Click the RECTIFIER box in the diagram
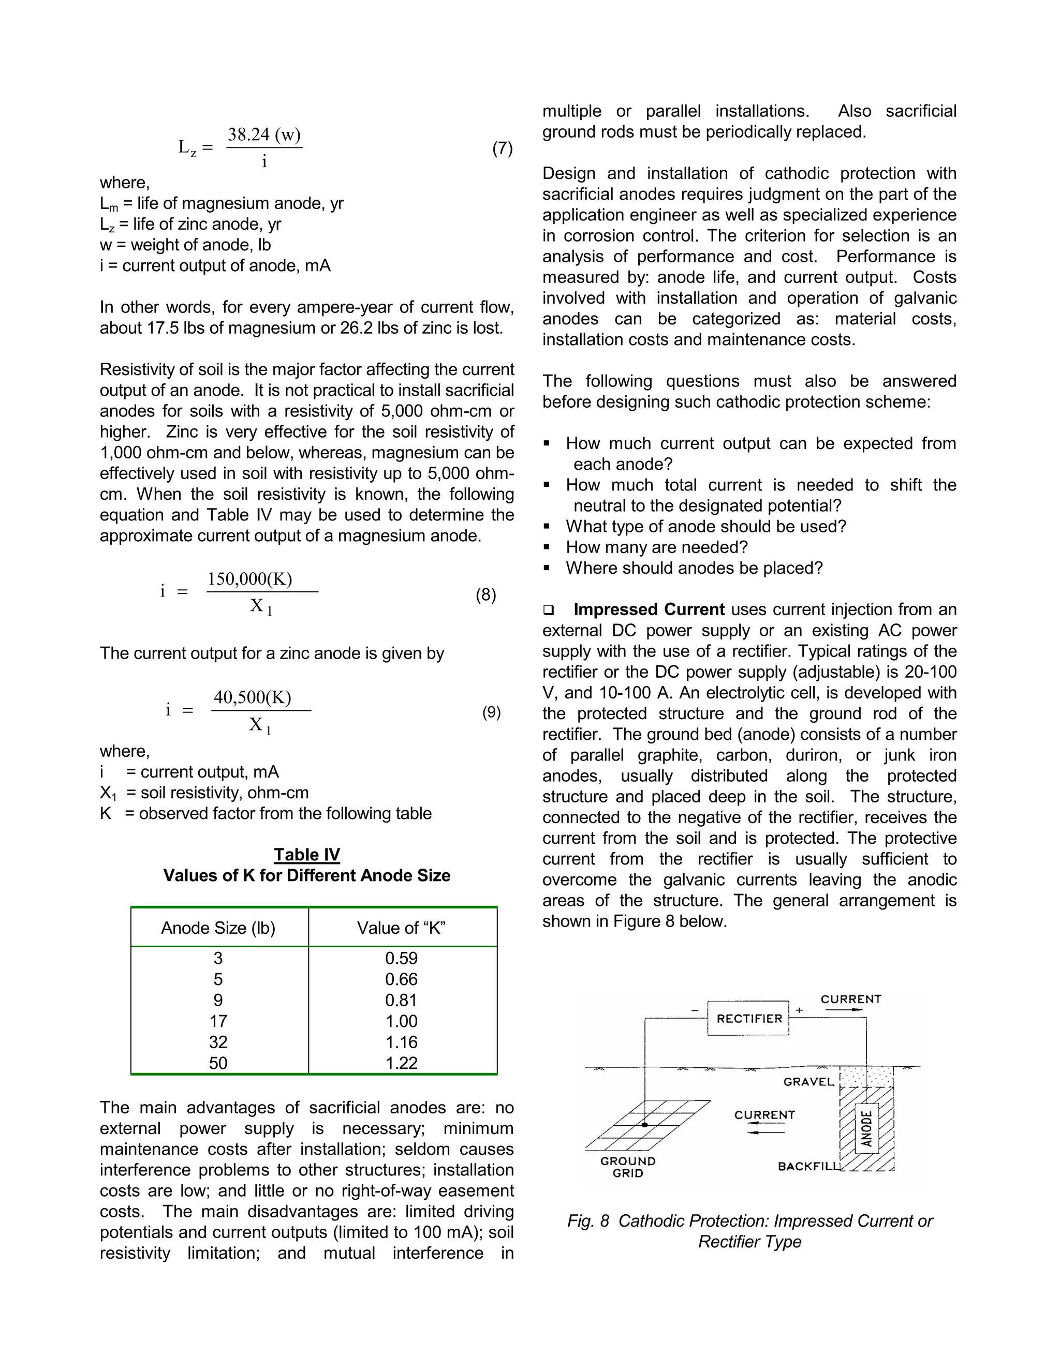748,1018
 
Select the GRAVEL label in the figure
808,1082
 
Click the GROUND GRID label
627,1167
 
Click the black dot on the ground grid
645,1124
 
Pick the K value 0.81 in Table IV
401,1000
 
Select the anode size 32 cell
218,1042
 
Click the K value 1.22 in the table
401,1063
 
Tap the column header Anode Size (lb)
218,928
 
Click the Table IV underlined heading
306,855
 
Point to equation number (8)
485,594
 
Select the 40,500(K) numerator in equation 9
253,697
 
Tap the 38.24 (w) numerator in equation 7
264,135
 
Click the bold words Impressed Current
649,609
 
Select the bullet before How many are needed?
547,547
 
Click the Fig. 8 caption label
588,1221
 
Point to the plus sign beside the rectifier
799,1010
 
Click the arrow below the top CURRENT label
843,1010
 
